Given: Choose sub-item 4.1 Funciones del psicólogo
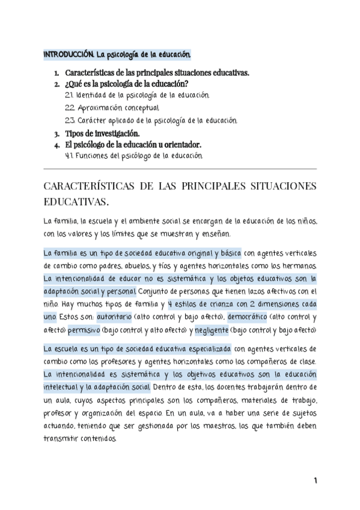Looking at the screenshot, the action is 134,156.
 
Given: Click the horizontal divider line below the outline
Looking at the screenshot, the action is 180,168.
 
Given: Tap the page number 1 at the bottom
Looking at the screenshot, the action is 315,481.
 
